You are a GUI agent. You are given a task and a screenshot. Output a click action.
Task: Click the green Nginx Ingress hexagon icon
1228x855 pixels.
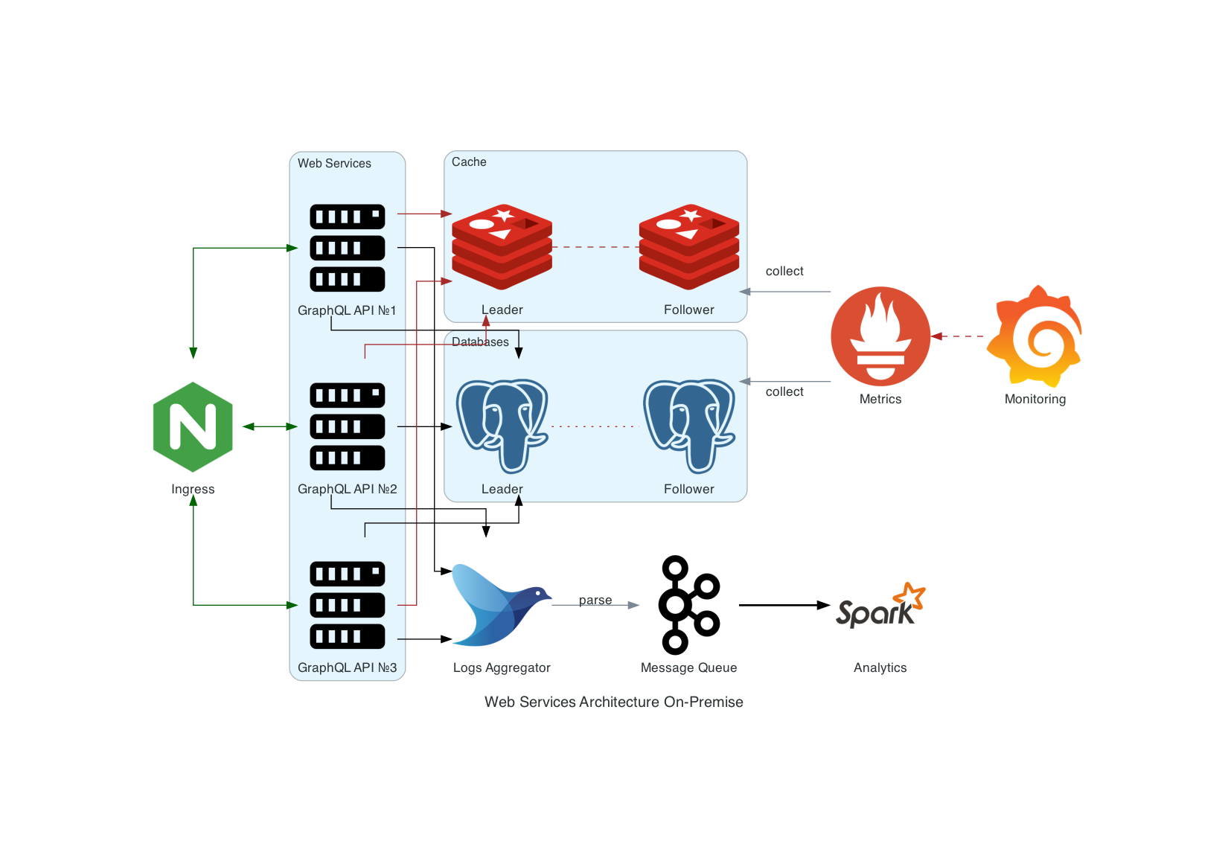tap(193, 427)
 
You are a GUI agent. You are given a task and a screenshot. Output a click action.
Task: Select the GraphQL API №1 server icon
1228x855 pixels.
tap(348, 248)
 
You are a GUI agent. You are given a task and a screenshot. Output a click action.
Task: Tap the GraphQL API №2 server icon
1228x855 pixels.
tap(348, 426)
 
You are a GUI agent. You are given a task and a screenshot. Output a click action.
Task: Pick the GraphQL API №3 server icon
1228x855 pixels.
tap(348, 605)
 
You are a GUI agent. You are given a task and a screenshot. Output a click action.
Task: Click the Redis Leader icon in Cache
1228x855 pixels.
tap(502, 247)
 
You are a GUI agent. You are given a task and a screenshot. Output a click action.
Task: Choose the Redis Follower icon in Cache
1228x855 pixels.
tap(689, 247)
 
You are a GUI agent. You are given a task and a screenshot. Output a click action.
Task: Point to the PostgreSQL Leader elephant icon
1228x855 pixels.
tap(502, 426)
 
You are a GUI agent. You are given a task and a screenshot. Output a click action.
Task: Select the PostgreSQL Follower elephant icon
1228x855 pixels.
tap(689, 426)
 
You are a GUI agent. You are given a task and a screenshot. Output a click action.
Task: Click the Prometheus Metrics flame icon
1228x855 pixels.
tap(880, 336)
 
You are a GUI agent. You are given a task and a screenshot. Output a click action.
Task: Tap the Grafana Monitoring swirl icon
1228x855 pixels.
tap(1035, 336)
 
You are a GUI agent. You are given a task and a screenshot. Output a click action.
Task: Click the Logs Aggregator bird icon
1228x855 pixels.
tap(502, 605)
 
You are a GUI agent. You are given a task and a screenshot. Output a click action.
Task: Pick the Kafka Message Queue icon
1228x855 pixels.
tap(690, 605)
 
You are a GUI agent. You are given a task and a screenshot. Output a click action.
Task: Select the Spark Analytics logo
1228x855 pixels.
tap(880, 605)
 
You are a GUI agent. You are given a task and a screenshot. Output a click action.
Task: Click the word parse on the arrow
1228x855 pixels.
tap(595, 601)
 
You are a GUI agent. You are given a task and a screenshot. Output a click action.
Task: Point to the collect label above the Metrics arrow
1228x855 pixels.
tap(784, 271)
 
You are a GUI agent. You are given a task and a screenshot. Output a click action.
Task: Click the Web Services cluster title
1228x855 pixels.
tap(334, 163)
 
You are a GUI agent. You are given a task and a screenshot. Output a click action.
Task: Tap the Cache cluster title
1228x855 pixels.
tap(470, 161)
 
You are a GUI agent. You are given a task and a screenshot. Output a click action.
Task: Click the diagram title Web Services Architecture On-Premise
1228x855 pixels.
tap(614, 702)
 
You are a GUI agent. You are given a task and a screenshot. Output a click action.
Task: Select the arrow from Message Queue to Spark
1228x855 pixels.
tap(784, 605)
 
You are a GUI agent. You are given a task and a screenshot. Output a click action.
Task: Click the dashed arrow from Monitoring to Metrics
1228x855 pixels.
tap(959, 336)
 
